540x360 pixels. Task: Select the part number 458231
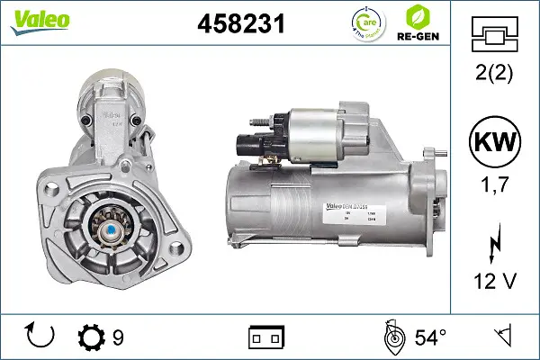click(x=241, y=25)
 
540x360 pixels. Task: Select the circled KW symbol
click(x=495, y=144)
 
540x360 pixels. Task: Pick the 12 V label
click(x=495, y=283)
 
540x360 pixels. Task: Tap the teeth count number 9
click(x=117, y=337)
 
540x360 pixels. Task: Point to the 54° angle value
click(x=429, y=337)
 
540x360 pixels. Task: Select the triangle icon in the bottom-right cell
click(x=502, y=337)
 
